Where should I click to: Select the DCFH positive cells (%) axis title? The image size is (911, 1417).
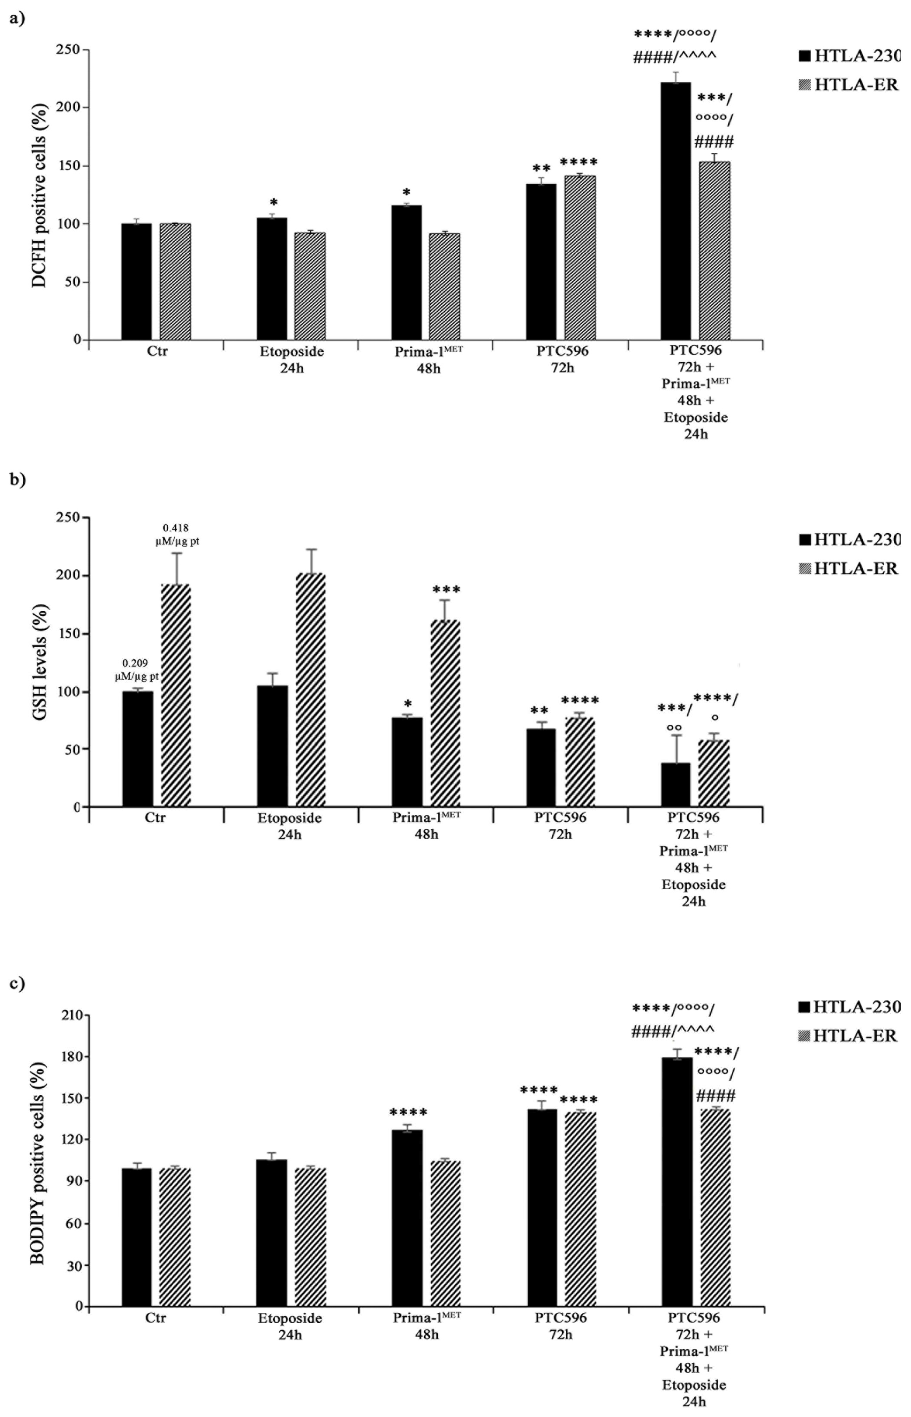coord(40,195)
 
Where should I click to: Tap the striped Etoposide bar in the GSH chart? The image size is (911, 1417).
coord(311,689)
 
